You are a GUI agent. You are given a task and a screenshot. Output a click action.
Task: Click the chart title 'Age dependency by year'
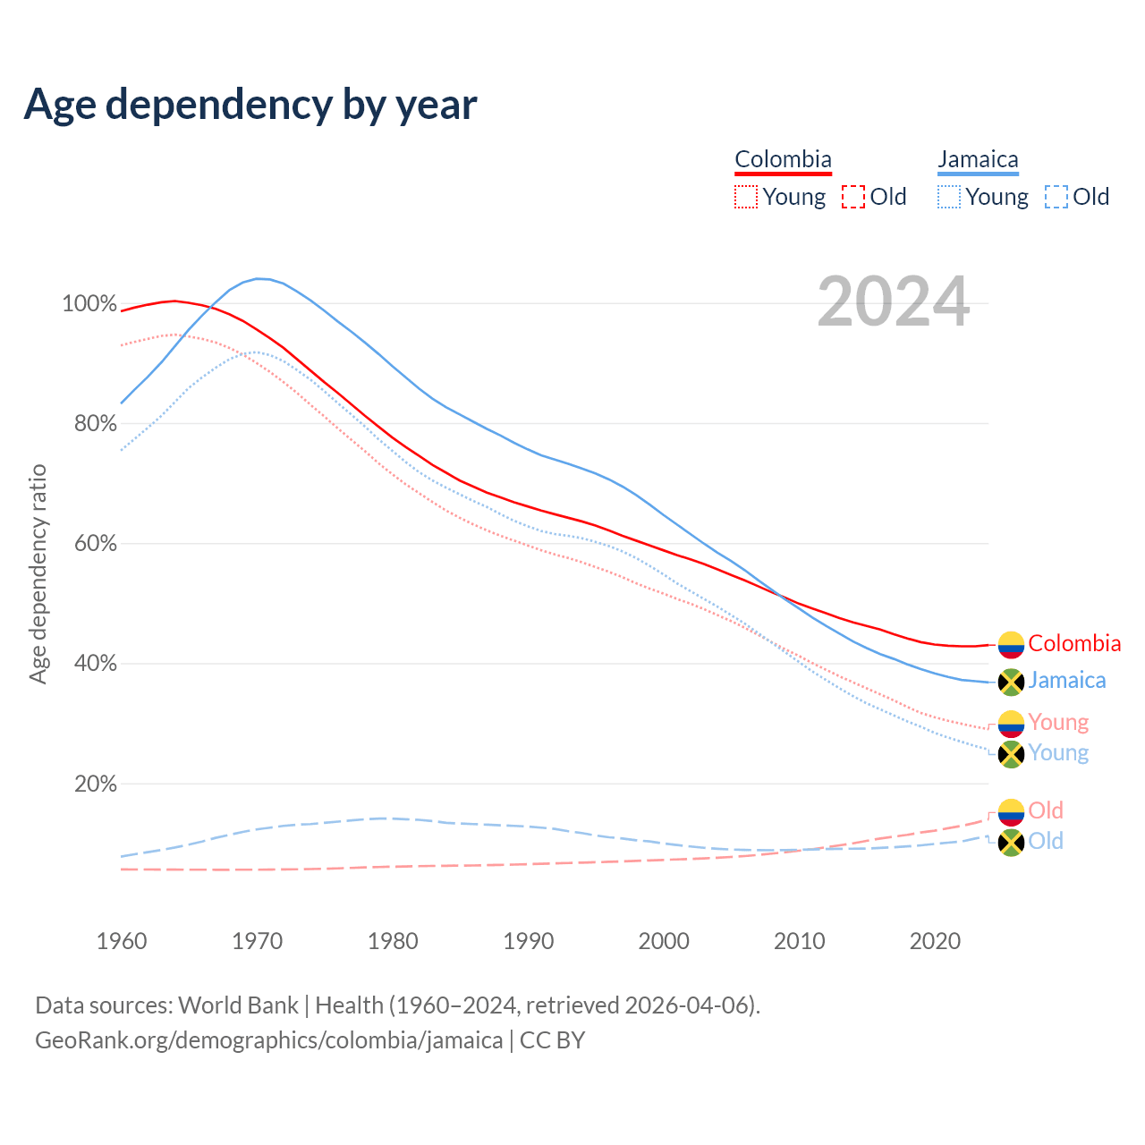pos(250,104)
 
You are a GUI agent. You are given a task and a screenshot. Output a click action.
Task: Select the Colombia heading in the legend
pos(783,159)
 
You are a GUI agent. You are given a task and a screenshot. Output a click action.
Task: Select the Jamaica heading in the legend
pos(978,159)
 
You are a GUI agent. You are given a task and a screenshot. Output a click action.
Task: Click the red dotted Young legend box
pos(745,197)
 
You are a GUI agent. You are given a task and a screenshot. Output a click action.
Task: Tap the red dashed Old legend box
pos(853,197)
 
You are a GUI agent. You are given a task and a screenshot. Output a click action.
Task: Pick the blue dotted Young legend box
pos(949,197)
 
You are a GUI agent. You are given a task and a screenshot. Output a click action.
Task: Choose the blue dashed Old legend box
pos(1056,197)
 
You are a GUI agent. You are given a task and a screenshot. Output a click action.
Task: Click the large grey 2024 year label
pos(893,302)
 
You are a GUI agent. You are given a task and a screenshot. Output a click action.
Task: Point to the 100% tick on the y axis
pos(89,304)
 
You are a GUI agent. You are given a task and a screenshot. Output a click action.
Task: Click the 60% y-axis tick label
pos(95,544)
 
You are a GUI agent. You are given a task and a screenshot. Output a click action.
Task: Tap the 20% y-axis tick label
pos(95,784)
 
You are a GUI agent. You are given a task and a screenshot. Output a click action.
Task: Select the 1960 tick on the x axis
pos(122,941)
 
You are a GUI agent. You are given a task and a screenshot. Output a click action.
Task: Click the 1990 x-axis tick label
pos(529,941)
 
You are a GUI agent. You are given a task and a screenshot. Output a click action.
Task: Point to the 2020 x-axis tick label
pos(935,941)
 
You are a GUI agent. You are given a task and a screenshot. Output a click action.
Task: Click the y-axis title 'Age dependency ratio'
pos(38,573)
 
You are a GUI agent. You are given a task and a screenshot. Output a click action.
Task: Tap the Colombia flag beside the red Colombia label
pos(1011,644)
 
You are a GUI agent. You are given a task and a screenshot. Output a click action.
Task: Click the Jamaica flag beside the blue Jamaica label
pos(1011,682)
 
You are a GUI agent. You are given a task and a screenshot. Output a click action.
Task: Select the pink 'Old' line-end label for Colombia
pos(1046,810)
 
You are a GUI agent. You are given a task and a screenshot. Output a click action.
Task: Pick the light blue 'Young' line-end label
pos(1058,752)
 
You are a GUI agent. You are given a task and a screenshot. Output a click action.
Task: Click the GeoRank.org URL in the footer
pos(268,1040)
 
